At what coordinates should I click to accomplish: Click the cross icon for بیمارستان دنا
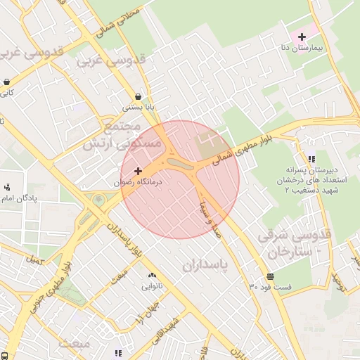coord(302,36)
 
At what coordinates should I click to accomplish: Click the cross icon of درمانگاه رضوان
coord(137,171)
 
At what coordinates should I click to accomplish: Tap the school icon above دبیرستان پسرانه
coord(311,159)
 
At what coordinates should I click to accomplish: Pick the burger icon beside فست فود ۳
coord(271,276)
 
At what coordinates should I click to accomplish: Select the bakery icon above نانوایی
coord(152,276)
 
